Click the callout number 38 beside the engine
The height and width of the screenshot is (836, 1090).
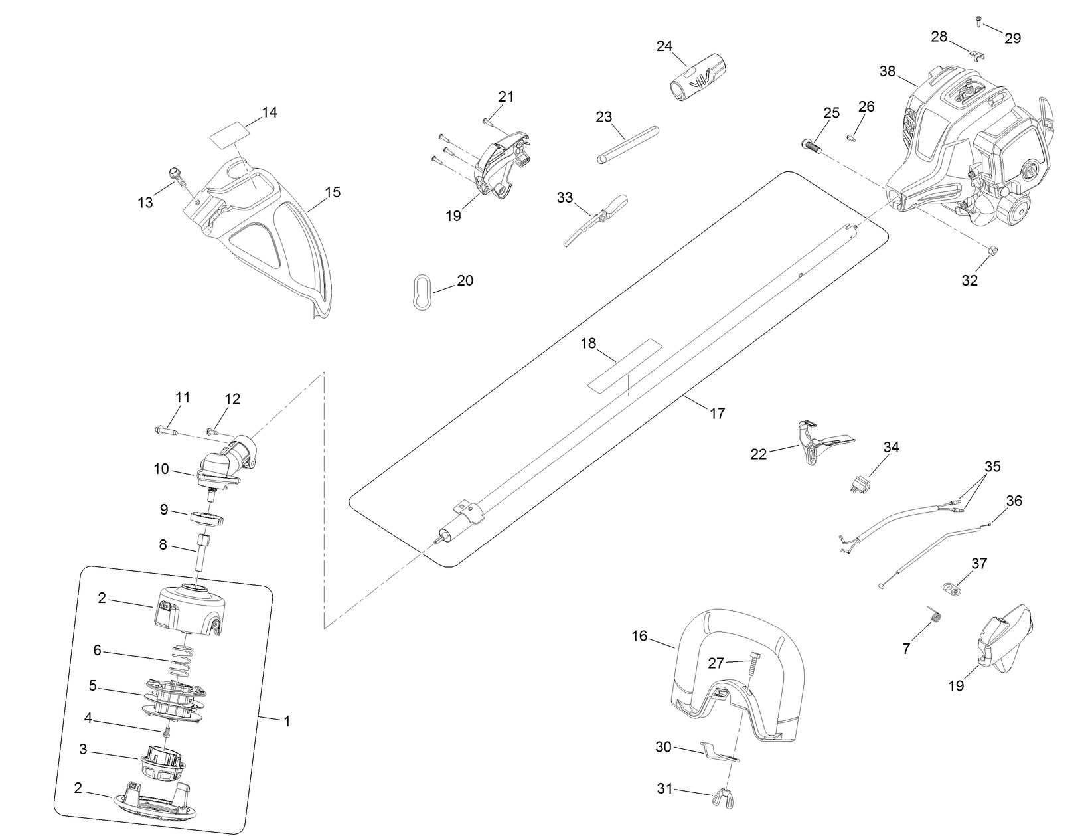(x=888, y=71)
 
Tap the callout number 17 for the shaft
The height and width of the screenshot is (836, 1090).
(x=717, y=413)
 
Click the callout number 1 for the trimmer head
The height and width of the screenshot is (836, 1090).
(x=287, y=720)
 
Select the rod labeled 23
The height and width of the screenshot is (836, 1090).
(x=627, y=143)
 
